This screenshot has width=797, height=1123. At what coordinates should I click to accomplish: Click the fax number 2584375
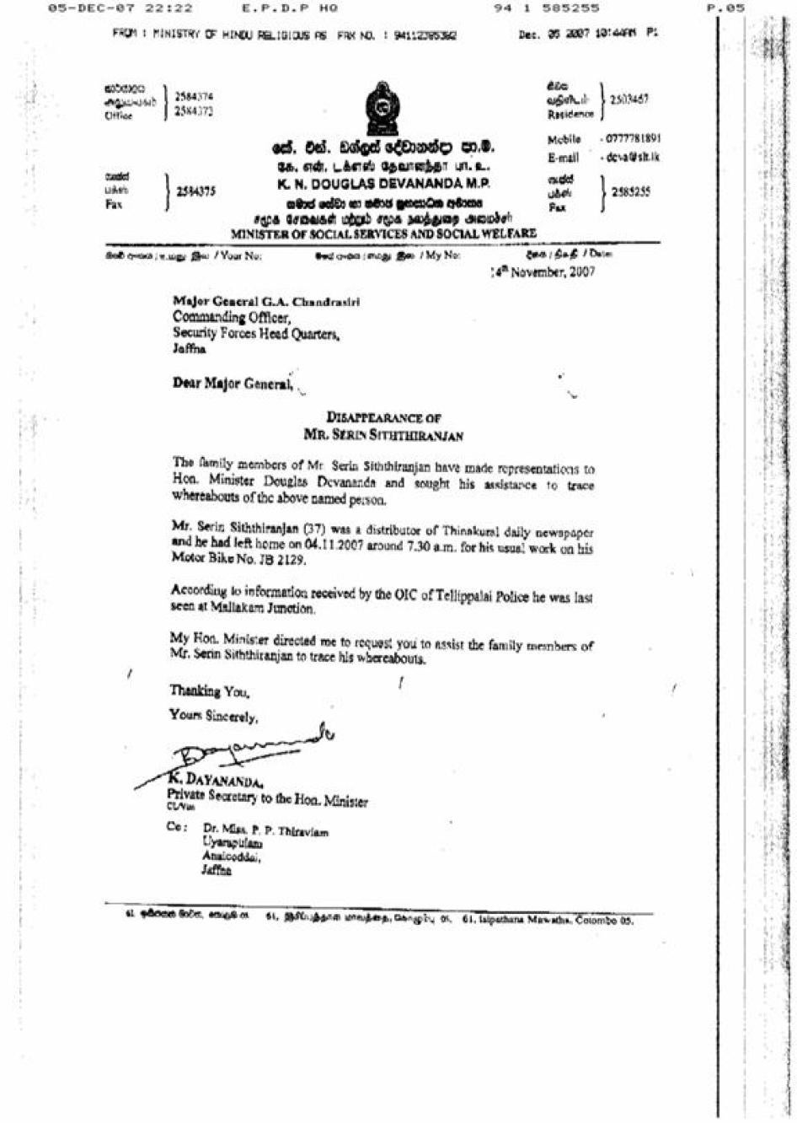[195, 191]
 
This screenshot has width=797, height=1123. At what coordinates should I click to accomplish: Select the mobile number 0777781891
[633, 139]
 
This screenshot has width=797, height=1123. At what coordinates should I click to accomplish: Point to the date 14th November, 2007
[543, 271]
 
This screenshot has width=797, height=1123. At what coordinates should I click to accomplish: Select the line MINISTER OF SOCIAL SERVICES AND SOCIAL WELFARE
[383, 234]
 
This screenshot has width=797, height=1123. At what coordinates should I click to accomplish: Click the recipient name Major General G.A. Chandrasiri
[265, 301]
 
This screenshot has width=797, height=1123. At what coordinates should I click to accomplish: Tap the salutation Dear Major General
[232, 384]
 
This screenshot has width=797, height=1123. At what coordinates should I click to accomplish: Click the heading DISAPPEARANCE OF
[383, 417]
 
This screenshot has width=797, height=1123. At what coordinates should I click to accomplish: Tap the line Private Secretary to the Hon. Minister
[267, 798]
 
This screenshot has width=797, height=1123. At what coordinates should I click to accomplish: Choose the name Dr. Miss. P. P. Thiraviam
[265, 831]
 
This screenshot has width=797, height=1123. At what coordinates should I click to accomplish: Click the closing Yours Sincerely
[213, 717]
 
